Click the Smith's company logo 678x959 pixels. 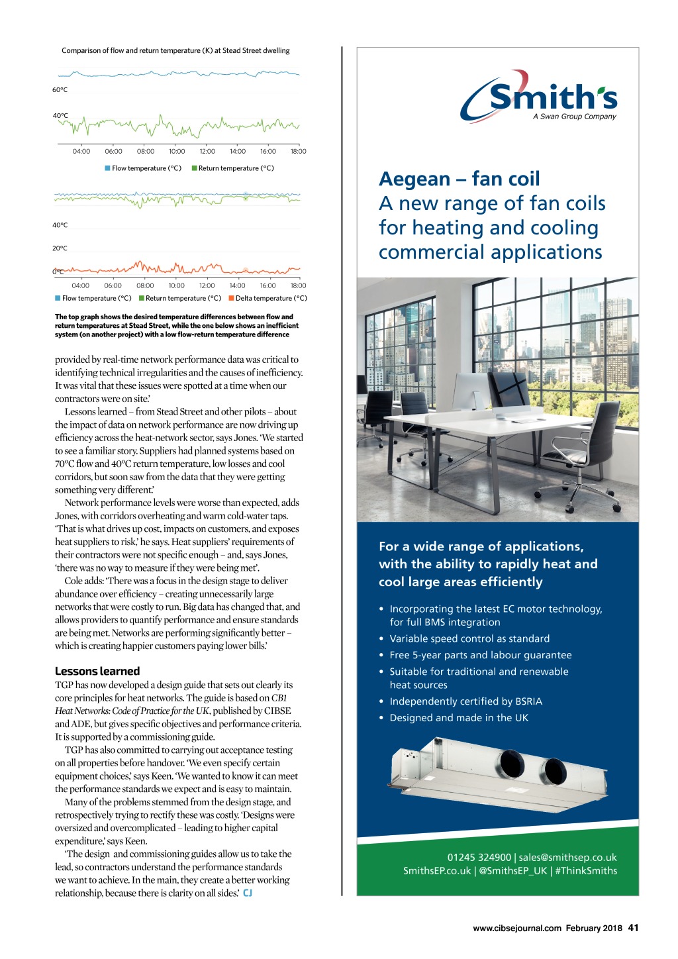[539, 97]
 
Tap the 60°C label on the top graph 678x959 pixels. [60, 90]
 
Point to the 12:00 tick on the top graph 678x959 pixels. [207, 152]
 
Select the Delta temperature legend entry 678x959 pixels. [267, 299]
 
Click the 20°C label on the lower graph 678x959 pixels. [60, 248]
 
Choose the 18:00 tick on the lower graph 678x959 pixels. [298, 286]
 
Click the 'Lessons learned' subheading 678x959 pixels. [97, 671]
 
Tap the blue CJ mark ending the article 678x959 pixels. [248, 893]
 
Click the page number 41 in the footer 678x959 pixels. [633, 928]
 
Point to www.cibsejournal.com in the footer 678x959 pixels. [517, 929]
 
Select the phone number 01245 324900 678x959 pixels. [479, 858]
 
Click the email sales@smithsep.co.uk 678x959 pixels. [567, 858]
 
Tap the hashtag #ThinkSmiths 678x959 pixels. [586, 871]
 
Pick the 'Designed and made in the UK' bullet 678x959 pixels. [459, 718]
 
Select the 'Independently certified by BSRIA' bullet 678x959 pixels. [465, 701]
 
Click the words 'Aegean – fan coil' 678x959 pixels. [460, 179]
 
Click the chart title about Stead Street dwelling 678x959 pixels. [175, 51]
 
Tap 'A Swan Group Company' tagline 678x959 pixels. [574, 117]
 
